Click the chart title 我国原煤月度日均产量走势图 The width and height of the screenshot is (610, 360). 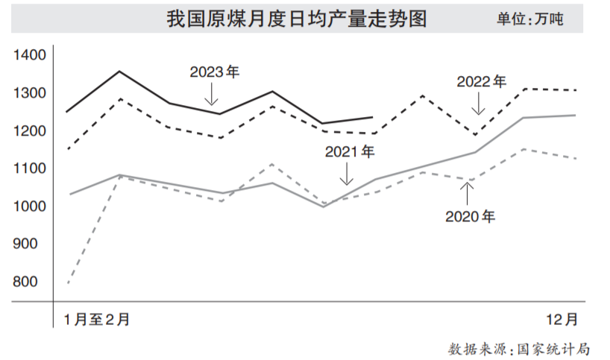point(297,19)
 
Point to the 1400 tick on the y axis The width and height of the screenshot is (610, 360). point(31,55)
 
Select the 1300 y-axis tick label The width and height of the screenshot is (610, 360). point(31,93)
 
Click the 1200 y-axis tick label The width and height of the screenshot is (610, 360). point(31,131)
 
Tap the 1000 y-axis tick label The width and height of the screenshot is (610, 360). point(31,206)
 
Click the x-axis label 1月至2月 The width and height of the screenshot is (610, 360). point(97,320)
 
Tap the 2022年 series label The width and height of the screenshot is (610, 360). point(481,80)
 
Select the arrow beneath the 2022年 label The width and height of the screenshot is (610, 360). point(478,103)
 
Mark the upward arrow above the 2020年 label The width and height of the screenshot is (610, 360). point(467,193)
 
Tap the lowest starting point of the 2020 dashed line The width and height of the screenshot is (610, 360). point(68,283)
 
